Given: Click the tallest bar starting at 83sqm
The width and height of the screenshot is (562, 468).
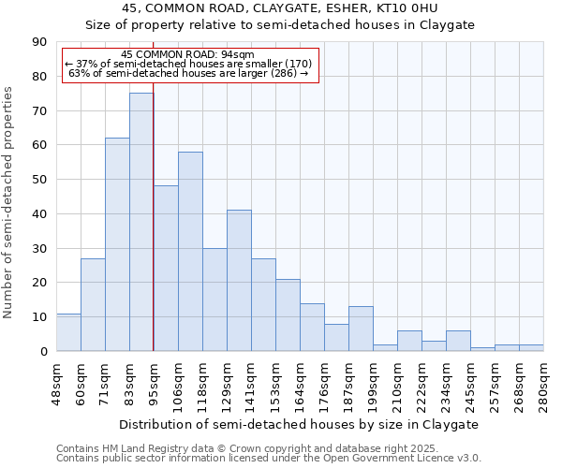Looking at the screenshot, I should coord(141,222).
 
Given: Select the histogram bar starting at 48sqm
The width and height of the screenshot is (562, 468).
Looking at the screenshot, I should coord(68,332).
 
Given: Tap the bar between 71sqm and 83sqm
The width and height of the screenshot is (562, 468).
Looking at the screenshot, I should coord(117,244).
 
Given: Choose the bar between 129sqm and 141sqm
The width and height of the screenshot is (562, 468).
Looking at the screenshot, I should coord(239,281).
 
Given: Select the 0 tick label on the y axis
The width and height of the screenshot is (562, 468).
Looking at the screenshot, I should coord(45,351).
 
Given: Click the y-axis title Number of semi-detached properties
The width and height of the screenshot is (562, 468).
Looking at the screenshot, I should coord(9,202).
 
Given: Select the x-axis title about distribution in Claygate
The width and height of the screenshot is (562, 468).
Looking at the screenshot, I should coord(299,424).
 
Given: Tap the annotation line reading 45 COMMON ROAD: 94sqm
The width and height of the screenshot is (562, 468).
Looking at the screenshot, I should coord(188,55).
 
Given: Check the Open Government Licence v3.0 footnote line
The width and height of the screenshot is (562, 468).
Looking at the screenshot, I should coord(269,459).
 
